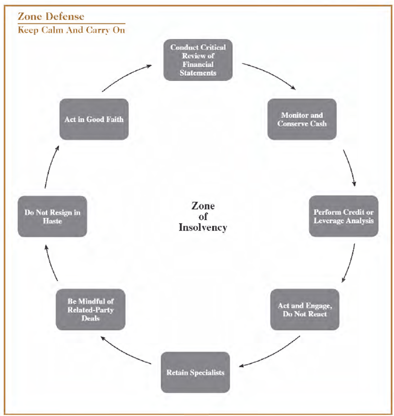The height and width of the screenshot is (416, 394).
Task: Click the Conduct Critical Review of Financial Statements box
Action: pyautogui.click(x=198, y=60)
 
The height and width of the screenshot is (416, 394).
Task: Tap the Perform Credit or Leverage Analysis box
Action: pyautogui.click(x=343, y=216)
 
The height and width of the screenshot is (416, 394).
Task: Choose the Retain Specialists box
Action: pyautogui.click(x=195, y=373)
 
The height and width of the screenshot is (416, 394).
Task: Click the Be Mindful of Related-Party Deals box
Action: pyautogui.click(x=90, y=309)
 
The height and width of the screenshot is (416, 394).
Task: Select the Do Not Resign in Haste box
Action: pyautogui.click(x=52, y=216)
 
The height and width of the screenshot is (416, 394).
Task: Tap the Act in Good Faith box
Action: pyautogui.click(x=93, y=119)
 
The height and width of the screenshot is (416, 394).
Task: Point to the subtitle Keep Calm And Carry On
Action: pyautogui.click(x=71, y=30)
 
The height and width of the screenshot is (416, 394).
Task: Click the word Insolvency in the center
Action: pyautogui.click(x=203, y=227)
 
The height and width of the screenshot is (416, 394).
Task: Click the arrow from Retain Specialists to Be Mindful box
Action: pyautogui.click(x=126, y=350)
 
